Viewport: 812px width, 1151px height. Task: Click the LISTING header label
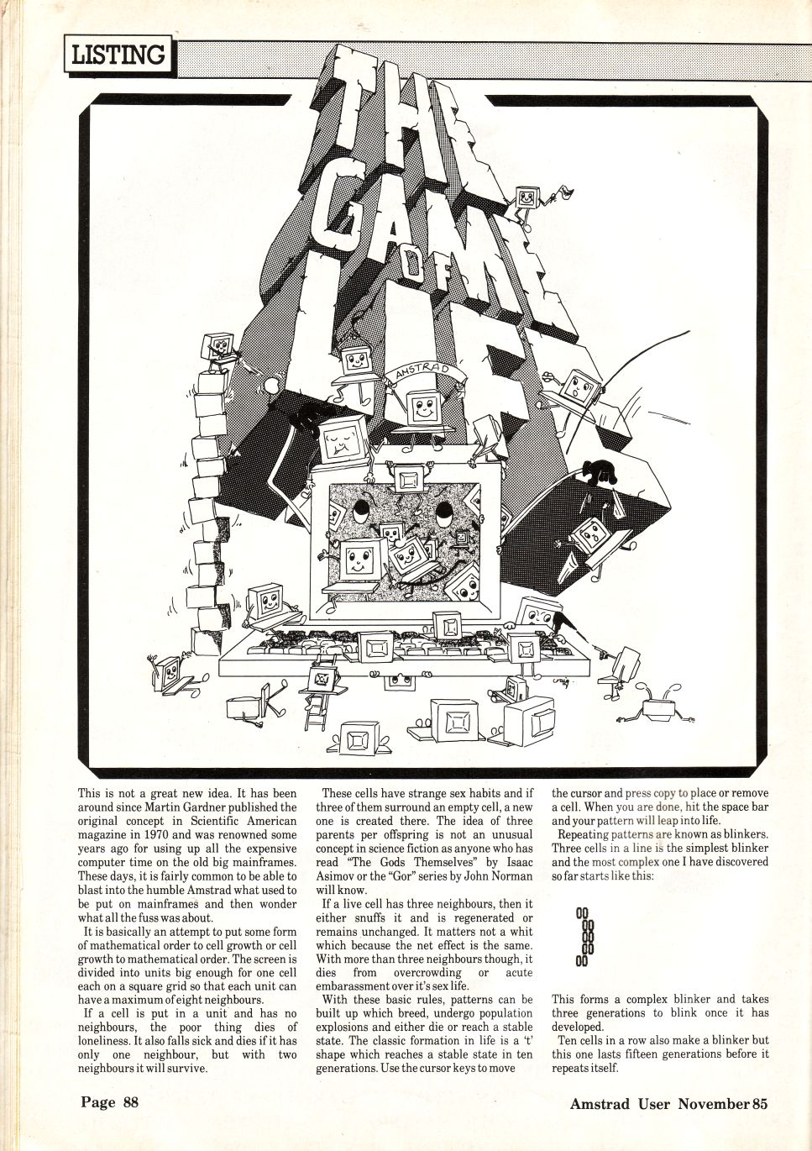[x=119, y=55]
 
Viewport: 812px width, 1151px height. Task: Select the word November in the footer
[x=712, y=1103]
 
